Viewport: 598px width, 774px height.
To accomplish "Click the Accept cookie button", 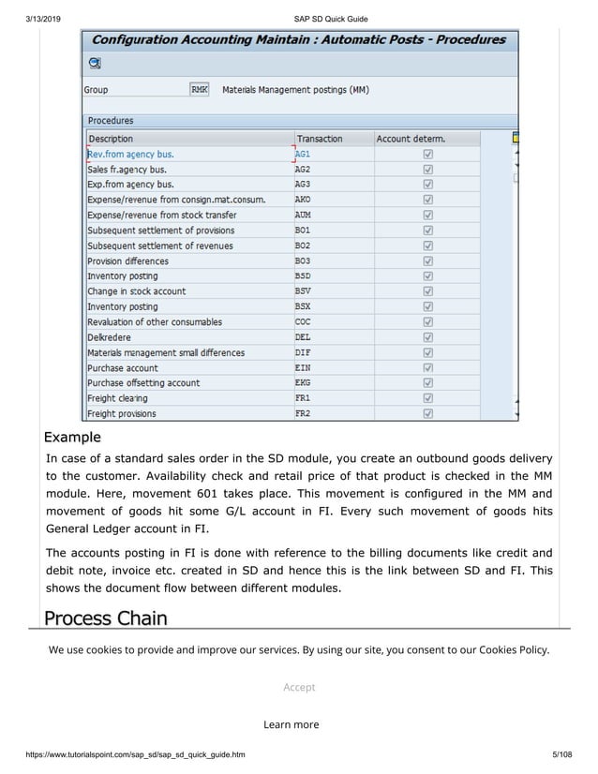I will coord(299,687).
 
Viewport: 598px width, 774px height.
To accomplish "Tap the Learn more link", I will coord(291,724).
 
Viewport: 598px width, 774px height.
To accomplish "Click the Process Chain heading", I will coord(106,618).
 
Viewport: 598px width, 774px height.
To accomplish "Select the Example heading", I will coord(72,438).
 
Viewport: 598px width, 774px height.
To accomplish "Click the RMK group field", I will coord(200,90).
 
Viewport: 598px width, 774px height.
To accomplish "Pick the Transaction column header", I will coord(320,139).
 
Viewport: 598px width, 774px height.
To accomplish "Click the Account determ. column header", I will coord(411,139).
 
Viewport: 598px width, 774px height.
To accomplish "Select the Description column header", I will coord(111,139).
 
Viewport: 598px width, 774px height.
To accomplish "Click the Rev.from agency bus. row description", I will coord(130,155).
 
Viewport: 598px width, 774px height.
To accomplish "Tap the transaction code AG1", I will coord(303,155).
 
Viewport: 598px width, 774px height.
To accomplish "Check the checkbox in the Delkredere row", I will coord(427,337).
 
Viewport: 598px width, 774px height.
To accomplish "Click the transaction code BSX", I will coord(303,306).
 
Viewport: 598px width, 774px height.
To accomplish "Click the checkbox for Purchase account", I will coord(427,367).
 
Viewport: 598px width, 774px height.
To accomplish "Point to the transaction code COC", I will coord(303,321).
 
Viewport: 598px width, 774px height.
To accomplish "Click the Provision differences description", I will coord(128,261).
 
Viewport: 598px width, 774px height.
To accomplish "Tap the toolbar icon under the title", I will coord(95,63).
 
